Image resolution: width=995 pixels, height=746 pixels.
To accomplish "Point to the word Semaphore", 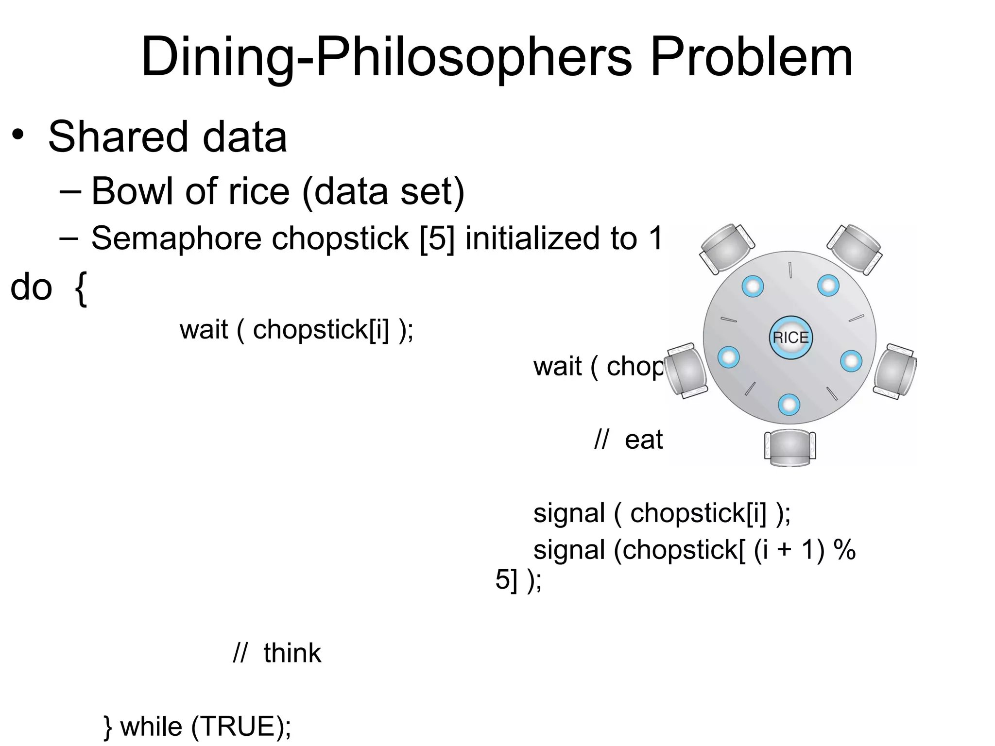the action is point(177,238).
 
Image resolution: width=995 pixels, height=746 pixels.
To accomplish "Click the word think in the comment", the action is point(292,653).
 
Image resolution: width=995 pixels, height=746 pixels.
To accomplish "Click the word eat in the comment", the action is point(643,440).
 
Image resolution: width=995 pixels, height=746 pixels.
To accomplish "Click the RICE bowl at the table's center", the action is point(790,338).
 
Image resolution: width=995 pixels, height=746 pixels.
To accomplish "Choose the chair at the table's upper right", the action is point(855,247).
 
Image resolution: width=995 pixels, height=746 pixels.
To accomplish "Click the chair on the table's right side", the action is point(895,371).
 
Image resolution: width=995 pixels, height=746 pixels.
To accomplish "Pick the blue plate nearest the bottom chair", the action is point(789,405).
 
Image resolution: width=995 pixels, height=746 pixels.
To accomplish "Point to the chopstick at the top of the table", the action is point(790,270).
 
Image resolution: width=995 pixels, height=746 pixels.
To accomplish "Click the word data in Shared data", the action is point(244,137).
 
